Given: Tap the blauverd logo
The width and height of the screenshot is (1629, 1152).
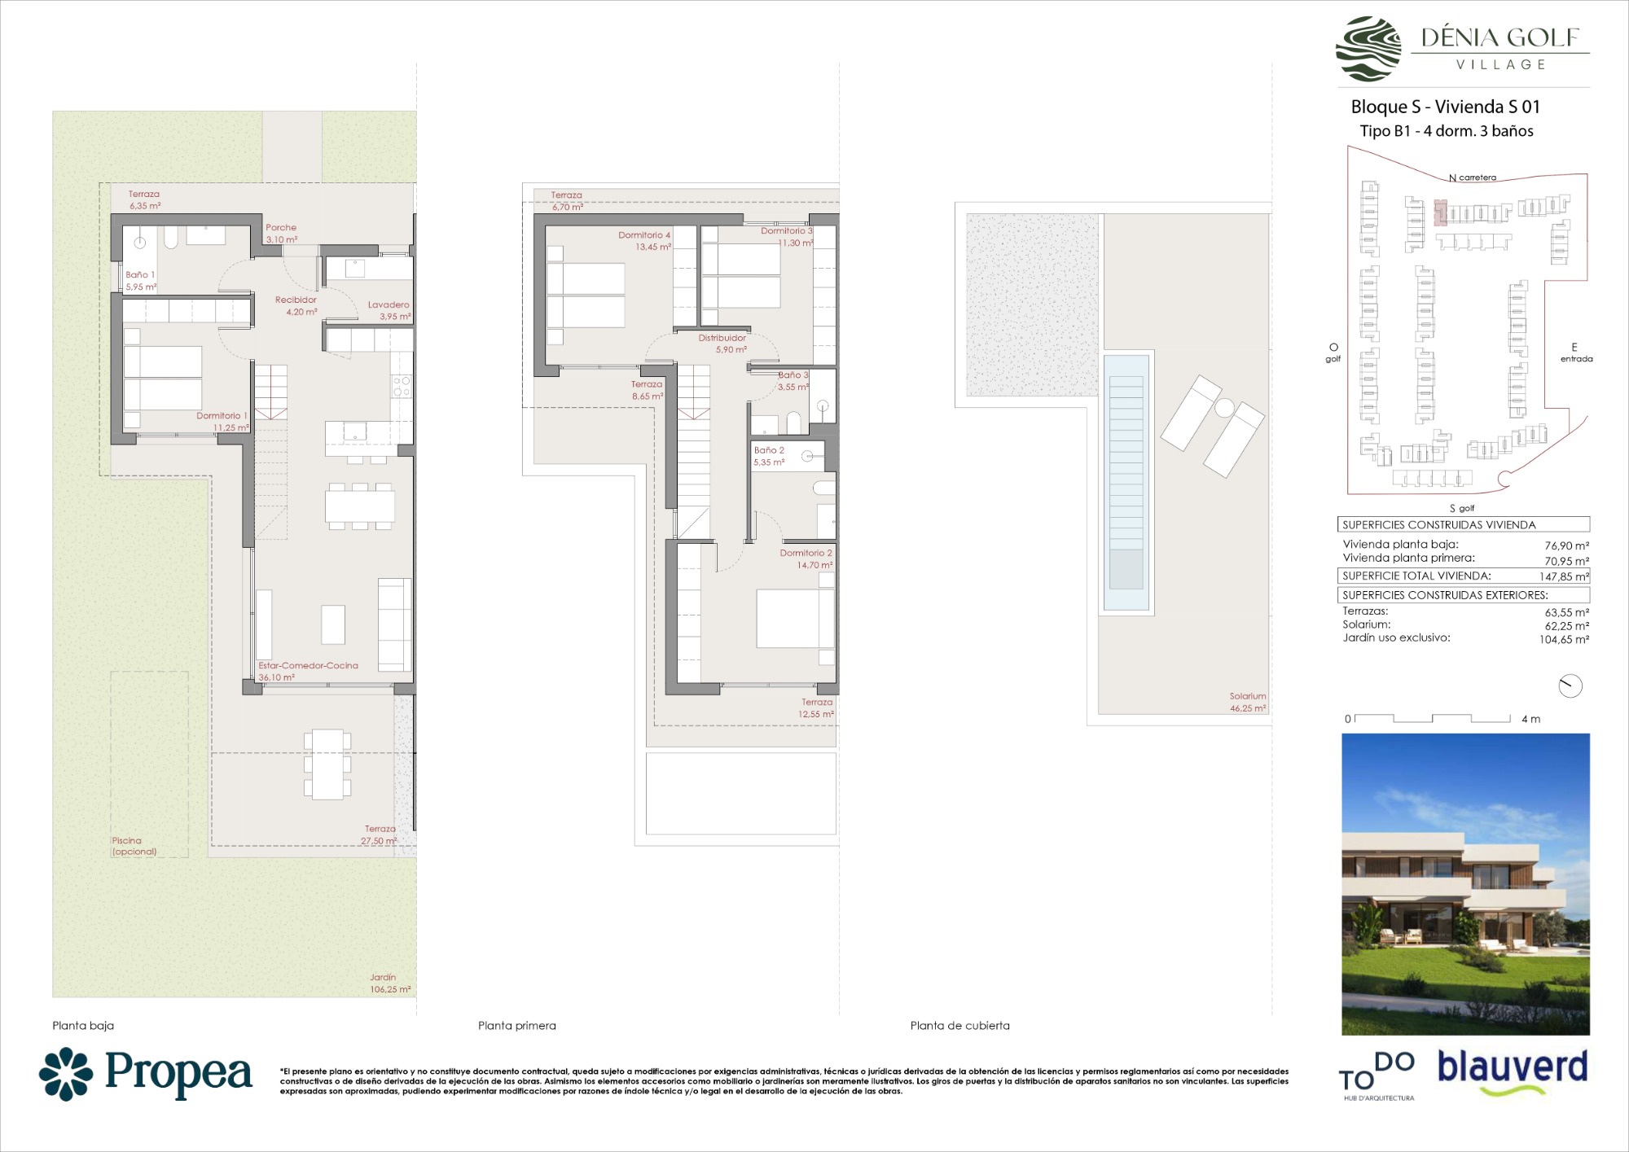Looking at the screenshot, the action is coord(1513,1071).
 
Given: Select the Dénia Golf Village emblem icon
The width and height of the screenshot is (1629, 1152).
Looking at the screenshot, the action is coord(1368,49).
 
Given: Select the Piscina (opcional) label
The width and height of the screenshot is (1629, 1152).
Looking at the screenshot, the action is coord(134,846).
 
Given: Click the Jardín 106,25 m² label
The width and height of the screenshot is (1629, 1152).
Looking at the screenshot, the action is coord(390,983).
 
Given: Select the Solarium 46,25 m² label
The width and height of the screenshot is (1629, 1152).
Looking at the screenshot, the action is coord(1248,702).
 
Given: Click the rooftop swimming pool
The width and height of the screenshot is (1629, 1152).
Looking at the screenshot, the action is coord(1126,482).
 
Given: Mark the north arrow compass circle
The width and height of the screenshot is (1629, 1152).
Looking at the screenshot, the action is coord(1570,686).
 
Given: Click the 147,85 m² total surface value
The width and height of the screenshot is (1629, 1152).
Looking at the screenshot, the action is coord(1564,576).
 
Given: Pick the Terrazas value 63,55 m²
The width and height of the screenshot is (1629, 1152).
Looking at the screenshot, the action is coord(1567,612).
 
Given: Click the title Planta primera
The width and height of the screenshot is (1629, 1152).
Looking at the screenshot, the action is coord(517,1026).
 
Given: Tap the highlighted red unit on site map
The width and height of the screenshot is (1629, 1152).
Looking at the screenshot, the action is coord(1440,212).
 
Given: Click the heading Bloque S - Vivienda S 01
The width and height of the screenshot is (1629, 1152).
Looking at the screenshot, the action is coord(1446,107).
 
